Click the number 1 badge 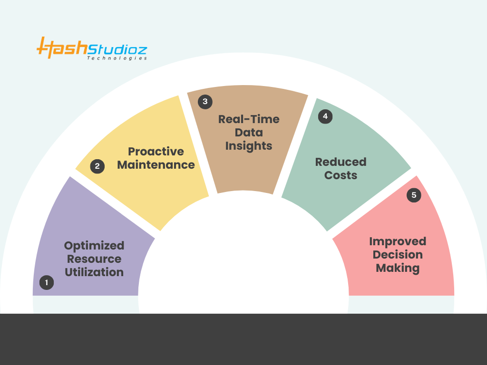click(x=47, y=282)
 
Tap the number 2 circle click(x=97, y=166)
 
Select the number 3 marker click(x=205, y=102)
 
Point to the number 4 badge click(x=325, y=116)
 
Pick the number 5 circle click(x=414, y=195)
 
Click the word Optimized click(x=94, y=246)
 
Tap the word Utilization click(x=94, y=272)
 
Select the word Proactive click(x=156, y=152)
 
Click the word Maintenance click(x=156, y=165)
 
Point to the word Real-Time click(x=249, y=119)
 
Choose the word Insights click(x=249, y=146)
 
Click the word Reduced click(x=341, y=162)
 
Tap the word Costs click(x=341, y=175)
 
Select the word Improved click(x=398, y=241)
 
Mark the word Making click(x=398, y=268)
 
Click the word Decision click(x=398, y=255)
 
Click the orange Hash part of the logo click(x=62, y=48)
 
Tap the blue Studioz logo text click(x=117, y=49)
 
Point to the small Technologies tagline click(x=117, y=58)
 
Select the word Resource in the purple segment click(x=94, y=259)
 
